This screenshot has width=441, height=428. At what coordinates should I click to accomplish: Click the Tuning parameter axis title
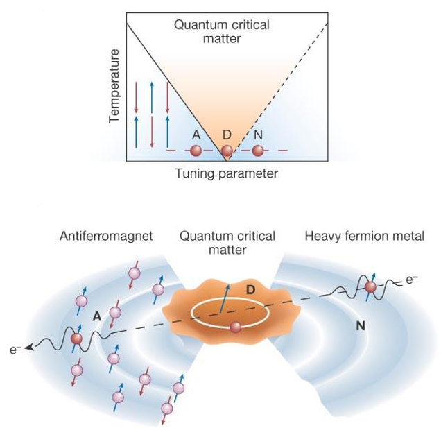227,173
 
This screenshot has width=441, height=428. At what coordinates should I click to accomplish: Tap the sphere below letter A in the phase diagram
196,150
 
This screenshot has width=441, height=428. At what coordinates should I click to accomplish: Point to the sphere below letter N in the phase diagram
258,150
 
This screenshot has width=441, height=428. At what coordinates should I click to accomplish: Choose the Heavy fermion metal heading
364,237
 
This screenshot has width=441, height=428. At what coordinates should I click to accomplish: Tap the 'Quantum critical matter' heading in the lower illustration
227,243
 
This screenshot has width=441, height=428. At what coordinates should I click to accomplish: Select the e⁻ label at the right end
413,279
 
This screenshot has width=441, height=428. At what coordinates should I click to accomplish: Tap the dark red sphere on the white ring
235,327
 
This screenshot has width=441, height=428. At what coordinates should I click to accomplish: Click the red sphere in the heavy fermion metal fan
370,286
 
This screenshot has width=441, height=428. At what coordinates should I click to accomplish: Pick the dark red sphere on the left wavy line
76,338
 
